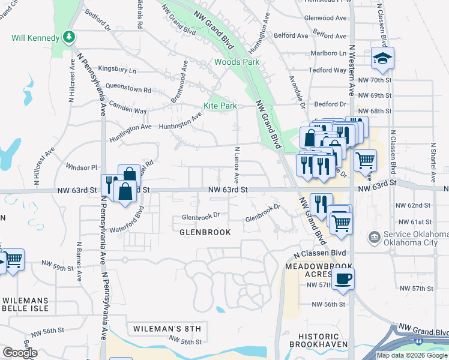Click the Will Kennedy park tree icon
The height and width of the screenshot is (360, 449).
[x=70, y=37]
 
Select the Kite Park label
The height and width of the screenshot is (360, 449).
[x=220, y=106]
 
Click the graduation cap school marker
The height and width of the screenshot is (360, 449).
[x=382, y=58]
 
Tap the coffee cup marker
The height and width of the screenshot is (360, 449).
[x=343, y=278]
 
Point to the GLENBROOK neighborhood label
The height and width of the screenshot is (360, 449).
[x=205, y=232]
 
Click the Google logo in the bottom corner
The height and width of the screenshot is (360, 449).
[x=19, y=353]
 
